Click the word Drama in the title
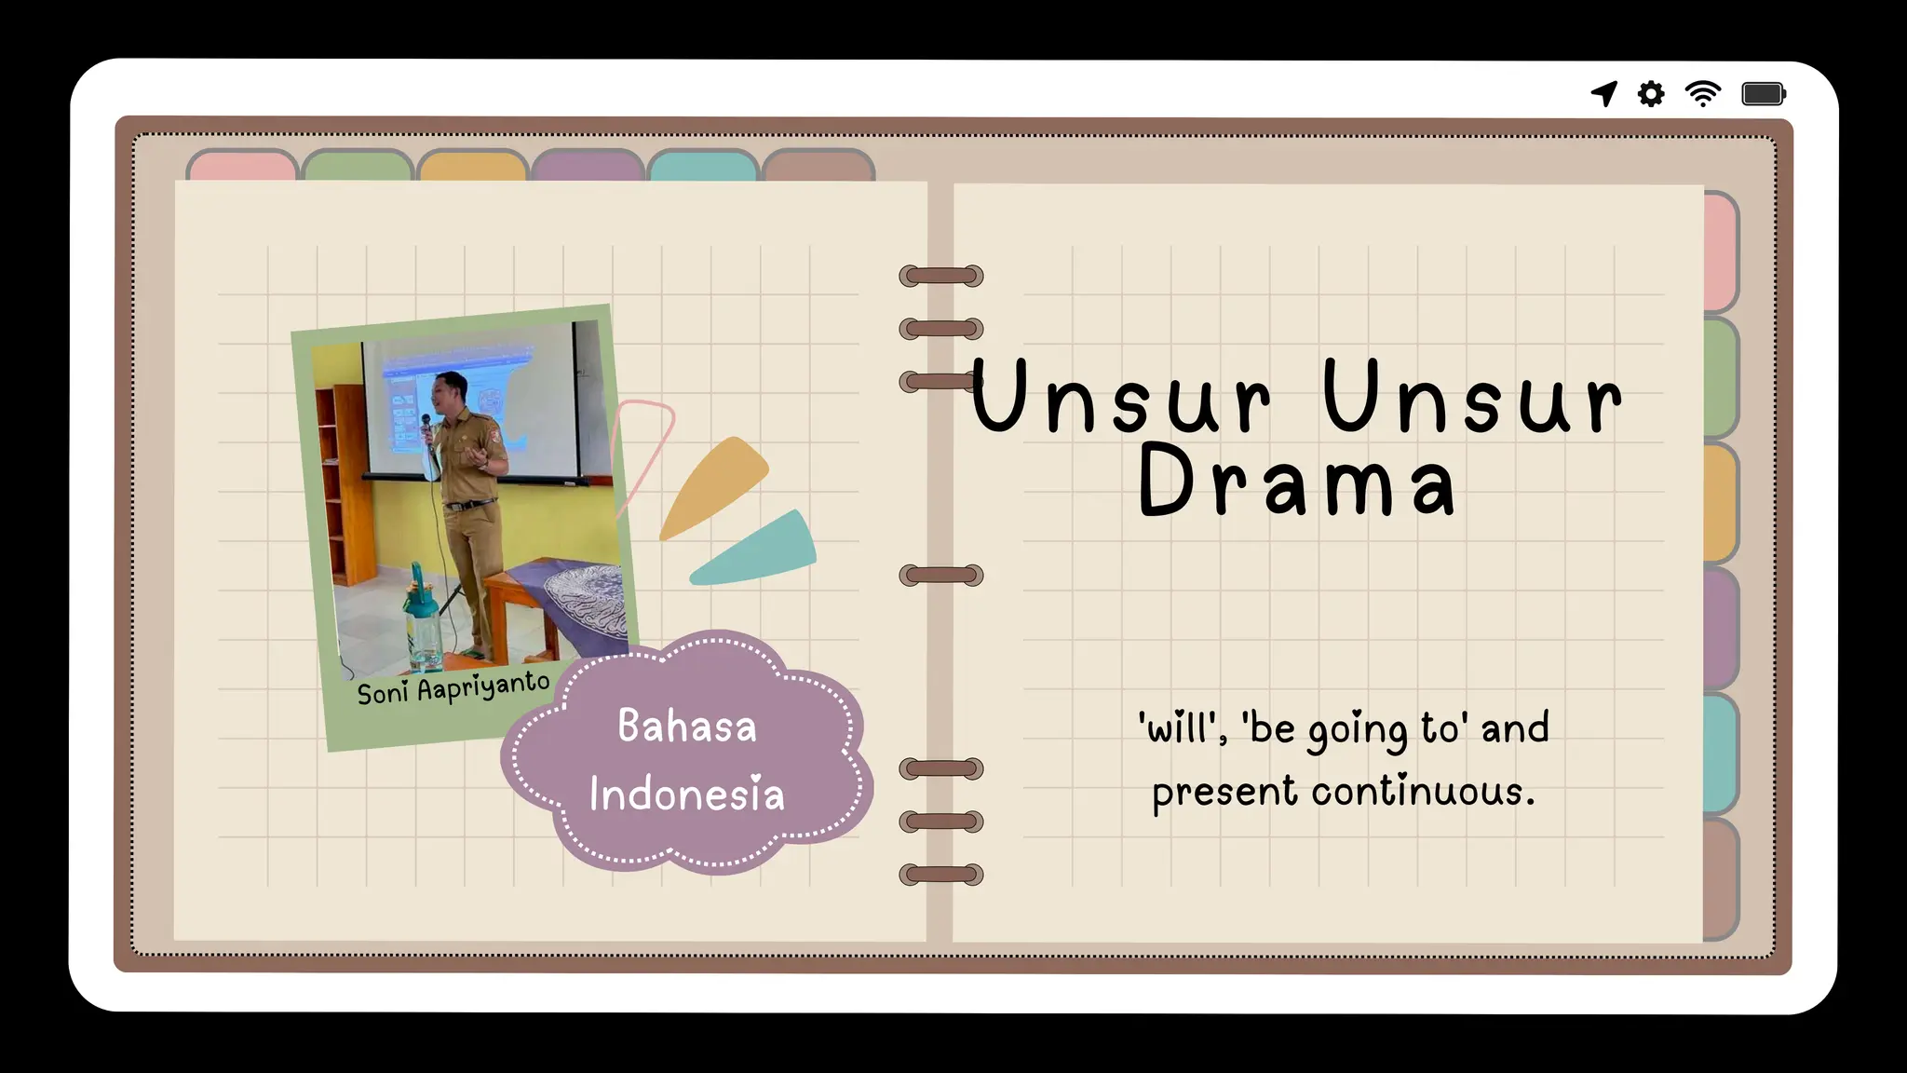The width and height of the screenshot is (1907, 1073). [1297, 482]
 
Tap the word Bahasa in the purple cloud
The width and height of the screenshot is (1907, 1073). [687, 727]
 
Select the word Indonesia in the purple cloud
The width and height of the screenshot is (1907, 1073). [687, 795]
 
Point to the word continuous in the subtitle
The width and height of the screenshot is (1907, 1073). [1423, 792]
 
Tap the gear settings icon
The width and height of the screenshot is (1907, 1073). [1651, 94]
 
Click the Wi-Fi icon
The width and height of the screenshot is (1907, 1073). [1703, 94]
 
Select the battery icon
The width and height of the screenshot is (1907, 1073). [1764, 94]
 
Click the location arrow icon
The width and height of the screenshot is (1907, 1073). [1604, 93]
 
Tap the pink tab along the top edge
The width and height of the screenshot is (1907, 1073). [242, 165]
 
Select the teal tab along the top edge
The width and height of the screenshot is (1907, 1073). [703, 166]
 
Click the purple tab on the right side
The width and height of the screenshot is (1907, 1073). [1721, 629]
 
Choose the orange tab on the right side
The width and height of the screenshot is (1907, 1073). [1721, 503]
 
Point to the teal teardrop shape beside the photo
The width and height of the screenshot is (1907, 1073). [756, 551]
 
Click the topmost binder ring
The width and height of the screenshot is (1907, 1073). [941, 276]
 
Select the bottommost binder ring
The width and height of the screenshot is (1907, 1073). [941, 875]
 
